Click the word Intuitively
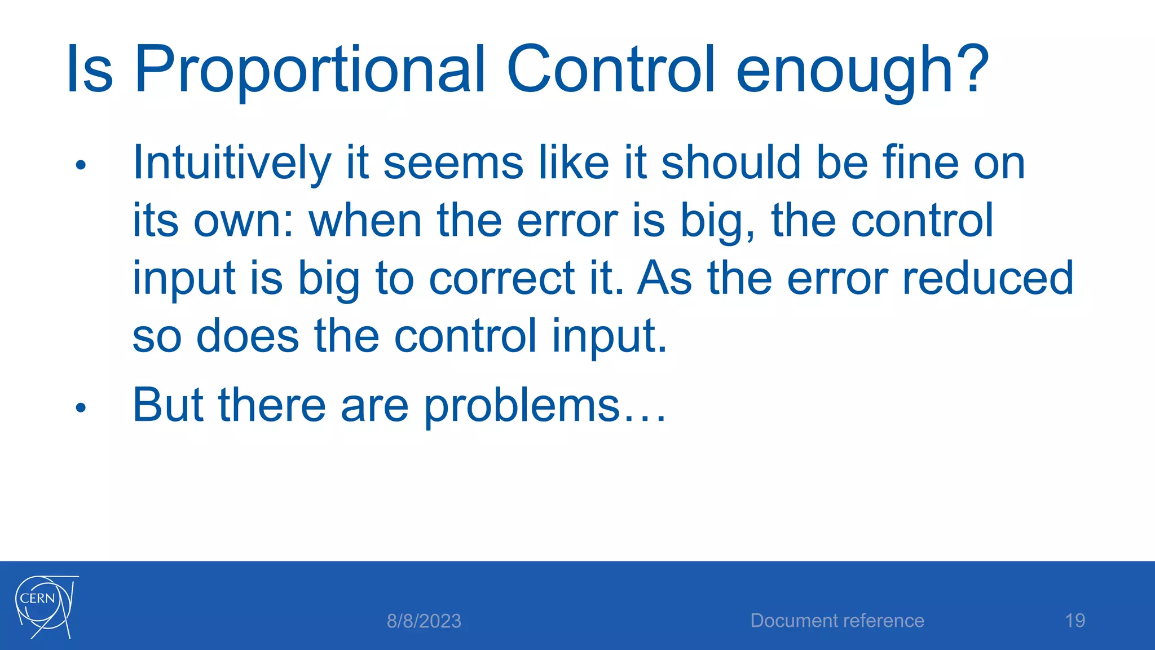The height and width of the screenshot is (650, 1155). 232,164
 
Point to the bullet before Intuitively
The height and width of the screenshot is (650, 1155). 81,165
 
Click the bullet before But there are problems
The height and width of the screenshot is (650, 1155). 81,407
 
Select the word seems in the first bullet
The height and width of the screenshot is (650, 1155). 453,164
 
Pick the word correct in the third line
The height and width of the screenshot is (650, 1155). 501,279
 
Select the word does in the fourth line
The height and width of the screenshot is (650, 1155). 247,336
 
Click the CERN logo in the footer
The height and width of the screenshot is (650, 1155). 45,607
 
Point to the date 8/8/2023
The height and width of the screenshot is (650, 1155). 424,621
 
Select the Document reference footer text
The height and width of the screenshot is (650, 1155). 837,621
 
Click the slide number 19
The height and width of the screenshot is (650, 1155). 1075,621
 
